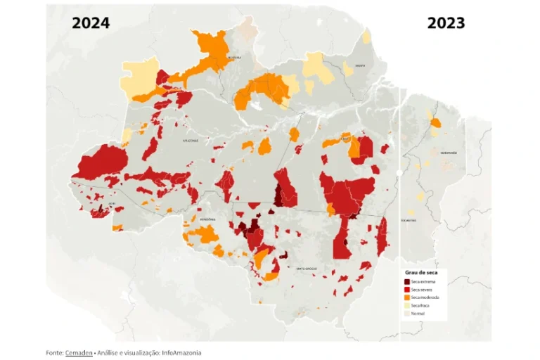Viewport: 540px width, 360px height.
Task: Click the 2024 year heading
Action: click(x=91, y=23)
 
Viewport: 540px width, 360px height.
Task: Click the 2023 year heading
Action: click(x=446, y=23)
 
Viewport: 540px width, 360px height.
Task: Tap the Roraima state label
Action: click(x=235, y=58)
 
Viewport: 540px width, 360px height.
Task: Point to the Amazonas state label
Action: click(x=191, y=140)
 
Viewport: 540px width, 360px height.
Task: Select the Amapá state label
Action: click(x=360, y=65)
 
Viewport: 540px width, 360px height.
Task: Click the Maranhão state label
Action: click(x=448, y=153)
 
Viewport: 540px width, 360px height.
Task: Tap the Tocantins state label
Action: click(x=409, y=220)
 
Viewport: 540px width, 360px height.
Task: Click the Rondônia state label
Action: click(x=207, y=219)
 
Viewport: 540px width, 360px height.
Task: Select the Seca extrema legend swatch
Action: click(x=408, y=281)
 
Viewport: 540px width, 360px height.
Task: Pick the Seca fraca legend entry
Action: click(x=420, y=305)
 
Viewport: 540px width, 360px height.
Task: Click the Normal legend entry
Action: click(x=418, y=313)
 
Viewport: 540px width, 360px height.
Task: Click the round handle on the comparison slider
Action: click(x=399, y=172)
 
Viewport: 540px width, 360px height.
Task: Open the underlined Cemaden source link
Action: click(x=79, y=352)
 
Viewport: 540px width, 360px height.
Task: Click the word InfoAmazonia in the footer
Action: click(x=181, y=352)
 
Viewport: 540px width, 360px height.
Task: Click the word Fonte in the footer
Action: click(x=54, y=352)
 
